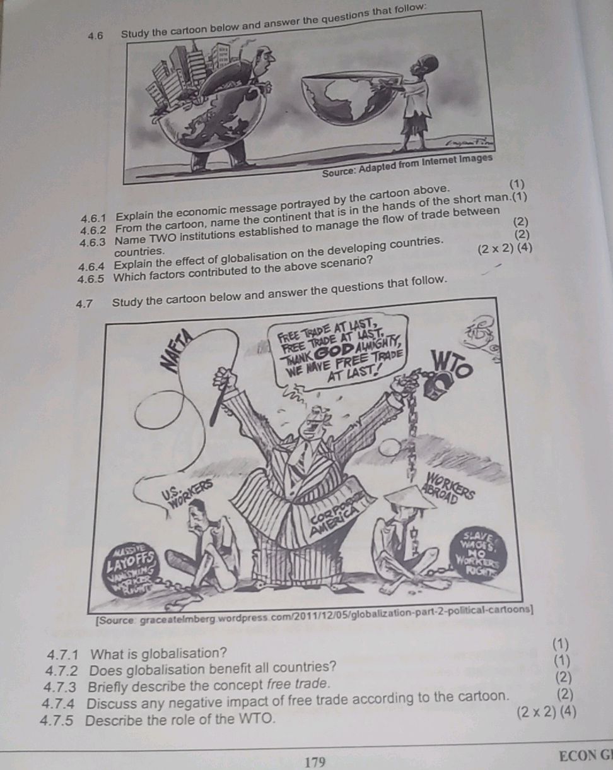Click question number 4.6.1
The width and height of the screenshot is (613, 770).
(94, 219)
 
